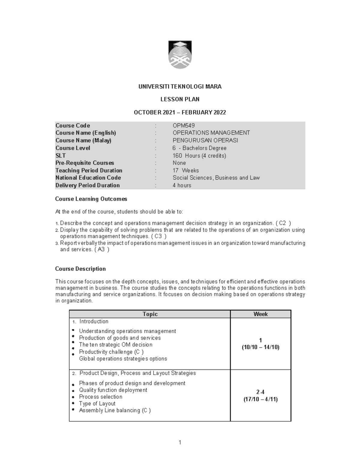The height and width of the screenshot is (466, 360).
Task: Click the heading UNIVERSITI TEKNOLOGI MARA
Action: tap(180, 87)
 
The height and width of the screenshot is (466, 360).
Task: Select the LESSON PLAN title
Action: tap(180, 99)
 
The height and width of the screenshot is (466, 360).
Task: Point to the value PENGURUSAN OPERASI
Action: tap(205, 140)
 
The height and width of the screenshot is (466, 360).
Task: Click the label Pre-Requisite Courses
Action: tap(85, 163)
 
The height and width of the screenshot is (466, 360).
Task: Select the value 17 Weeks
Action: tap(186, 170)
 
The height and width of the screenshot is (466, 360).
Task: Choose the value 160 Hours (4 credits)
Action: tap(199, 155)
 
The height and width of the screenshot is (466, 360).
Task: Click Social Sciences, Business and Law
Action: tap(216, 178)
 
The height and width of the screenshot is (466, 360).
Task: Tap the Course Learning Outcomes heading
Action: tap(91, 199)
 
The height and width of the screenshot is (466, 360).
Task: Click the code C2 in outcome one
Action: tap(282, 223)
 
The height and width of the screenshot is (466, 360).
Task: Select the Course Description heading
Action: tap(80, 269)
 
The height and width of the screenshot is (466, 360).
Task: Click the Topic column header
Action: tap(150, 314)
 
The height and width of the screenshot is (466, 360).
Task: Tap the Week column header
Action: tap(260, 314)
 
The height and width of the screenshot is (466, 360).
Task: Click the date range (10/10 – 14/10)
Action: tap(260, 347)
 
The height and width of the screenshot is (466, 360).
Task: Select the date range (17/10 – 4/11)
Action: tap(260, 399)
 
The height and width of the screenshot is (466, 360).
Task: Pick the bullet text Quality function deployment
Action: tap(113, 390)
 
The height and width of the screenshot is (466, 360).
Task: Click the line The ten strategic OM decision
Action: tap(115, 345)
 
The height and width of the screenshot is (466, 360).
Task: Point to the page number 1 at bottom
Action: tap(180, 442)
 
